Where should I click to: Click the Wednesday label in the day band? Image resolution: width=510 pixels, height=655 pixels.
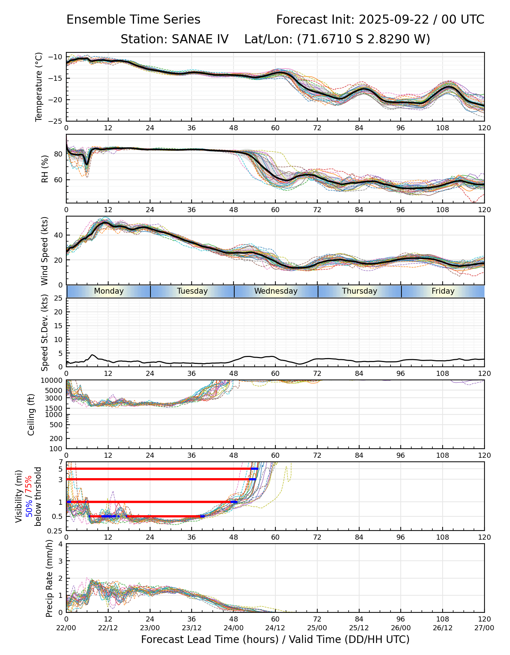(x=276, y=291)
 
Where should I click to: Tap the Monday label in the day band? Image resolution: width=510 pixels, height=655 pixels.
(x=109, y=291)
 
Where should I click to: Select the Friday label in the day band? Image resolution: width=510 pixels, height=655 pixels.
(x=443, y=291)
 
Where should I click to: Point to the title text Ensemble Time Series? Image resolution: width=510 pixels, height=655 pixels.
(x=133, y=20)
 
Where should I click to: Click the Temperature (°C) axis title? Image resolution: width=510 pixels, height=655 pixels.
(x=39, y=87)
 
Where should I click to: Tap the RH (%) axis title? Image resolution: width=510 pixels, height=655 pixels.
(x=45, y=169)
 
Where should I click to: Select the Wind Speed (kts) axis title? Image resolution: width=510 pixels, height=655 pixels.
(x=45, y=251)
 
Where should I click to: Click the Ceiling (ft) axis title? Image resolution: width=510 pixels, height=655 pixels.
(x=31, y=414)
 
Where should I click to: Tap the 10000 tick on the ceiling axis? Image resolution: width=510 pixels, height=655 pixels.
(x=53, y=381)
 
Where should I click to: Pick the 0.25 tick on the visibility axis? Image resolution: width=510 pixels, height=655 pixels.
(x=56, y=531)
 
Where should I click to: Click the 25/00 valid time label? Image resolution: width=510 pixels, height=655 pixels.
(x=317, y=628)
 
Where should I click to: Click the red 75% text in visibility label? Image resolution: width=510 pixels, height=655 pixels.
(x=29, y=484)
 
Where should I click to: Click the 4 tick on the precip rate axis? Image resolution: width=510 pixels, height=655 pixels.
(x=60, y=544)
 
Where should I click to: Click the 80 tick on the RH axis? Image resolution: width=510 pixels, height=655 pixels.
(x=58, y=154)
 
